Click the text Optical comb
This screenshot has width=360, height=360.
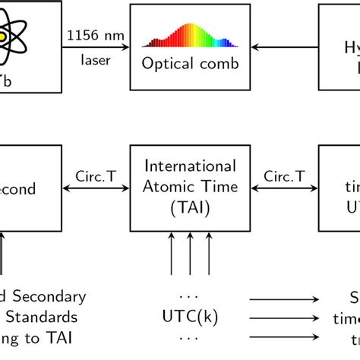click(x=190, y=64)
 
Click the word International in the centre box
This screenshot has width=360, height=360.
click(x=190, y=165)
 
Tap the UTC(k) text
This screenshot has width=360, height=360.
click(x=189, y=314)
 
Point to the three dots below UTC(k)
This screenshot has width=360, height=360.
click(x=189, y=335)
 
